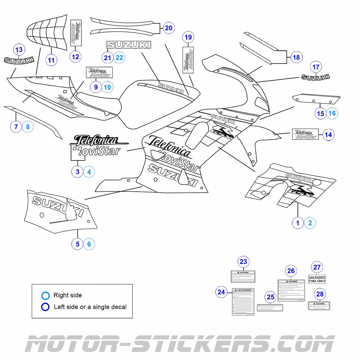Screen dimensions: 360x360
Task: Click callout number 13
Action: click(19, 50)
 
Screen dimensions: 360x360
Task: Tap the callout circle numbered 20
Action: click(169, 28)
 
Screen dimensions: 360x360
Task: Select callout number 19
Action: click(188, 37)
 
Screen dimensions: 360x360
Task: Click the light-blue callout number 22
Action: click(119, 58)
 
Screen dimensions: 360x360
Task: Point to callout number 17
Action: click(316, 67)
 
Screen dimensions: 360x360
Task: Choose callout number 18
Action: click(296, 58)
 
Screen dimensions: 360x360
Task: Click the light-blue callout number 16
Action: click(332, 113)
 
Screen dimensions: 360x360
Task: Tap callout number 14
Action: click(328, 135)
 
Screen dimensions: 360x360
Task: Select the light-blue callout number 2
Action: click(310, 223)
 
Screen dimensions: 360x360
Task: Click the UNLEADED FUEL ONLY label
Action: click(317, 279)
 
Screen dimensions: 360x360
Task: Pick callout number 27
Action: click(317, 267)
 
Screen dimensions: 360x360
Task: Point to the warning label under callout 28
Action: click(319, 306)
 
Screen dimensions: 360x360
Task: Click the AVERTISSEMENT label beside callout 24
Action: click(243, 301)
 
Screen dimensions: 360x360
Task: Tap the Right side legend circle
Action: click(45, 296)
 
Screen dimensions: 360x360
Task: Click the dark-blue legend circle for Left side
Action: click(45, 307)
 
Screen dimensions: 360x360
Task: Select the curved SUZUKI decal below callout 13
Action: click(19, 61)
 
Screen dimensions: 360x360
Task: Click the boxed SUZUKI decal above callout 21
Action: click(129, 45)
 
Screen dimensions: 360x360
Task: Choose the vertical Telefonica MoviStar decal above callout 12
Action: click(76, 33)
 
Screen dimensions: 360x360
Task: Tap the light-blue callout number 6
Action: click(89, 244)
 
